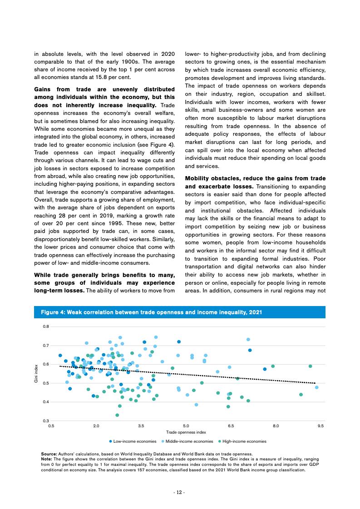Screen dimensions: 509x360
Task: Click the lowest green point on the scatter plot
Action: click(117, 415)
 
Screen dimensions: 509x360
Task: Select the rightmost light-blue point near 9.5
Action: click(316, 387)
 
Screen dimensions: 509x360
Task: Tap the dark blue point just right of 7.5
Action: click(265, 369)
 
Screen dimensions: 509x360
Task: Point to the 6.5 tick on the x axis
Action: click(231, 426)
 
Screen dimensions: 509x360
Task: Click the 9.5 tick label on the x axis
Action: click(321, 426)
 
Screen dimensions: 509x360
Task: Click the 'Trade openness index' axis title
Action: click(186, 432)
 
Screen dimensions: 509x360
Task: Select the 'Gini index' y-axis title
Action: click(36, 374)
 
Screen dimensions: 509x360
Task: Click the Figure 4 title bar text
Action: click(151, 312)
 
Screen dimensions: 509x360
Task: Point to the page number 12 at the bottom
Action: click(180, 492)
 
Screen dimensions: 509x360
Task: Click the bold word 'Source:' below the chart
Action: click(49, 454)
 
